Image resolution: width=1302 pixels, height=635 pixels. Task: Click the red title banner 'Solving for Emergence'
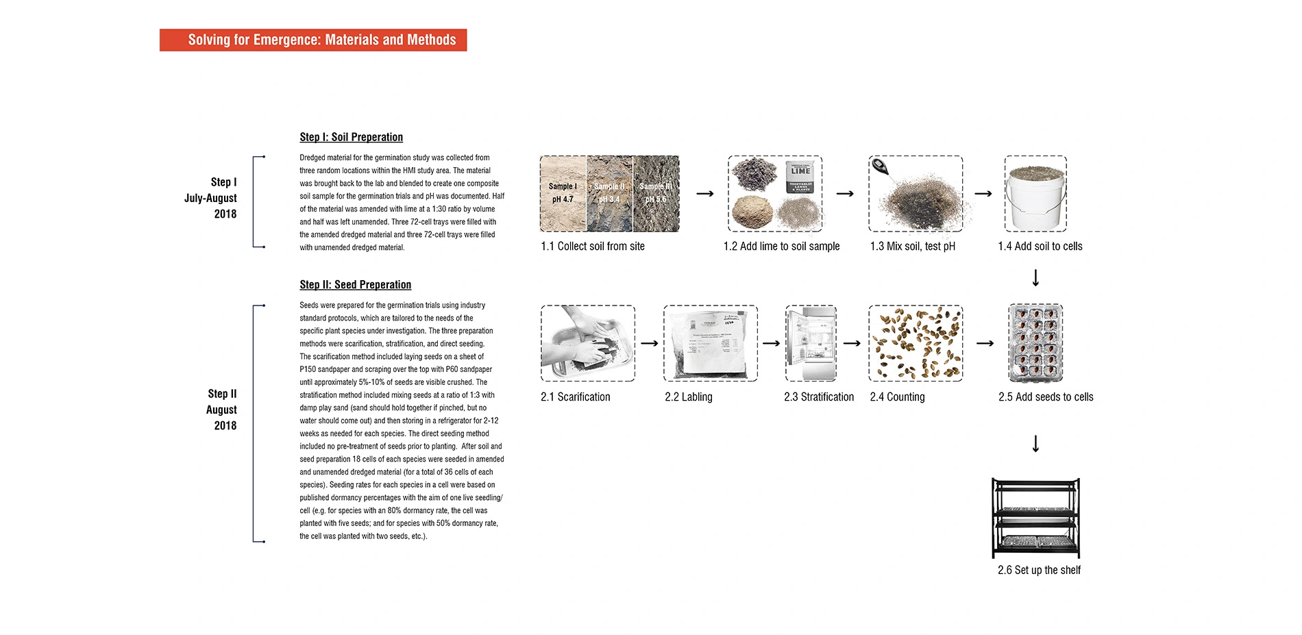click(313, 40)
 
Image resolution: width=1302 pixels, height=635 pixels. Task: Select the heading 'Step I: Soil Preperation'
click(351, 137)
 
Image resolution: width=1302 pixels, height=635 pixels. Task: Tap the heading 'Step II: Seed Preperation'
click(355, 284)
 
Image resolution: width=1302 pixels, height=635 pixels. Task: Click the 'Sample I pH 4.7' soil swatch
click(563, 193)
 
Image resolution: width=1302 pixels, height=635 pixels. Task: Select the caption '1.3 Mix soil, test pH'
click(912, 246)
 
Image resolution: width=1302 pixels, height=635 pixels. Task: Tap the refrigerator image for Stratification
click(811, 343)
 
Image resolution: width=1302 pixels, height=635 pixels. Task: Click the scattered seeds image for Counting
click(916, 343)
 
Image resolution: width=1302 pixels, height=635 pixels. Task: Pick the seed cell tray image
click(1035, 343)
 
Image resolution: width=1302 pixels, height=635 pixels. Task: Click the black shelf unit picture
click(1035, 518)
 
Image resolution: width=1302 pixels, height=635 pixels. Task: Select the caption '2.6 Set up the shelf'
click(1039, 570)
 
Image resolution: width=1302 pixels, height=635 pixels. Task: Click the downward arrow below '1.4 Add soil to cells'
click(1035, 277)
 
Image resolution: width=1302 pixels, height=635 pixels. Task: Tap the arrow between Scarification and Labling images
click(649, 343)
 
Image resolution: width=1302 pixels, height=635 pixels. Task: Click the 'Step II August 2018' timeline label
click(222, 410)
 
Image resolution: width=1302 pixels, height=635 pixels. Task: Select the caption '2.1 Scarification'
click(575, 397)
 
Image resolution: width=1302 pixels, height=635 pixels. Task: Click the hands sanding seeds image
click(587, 343)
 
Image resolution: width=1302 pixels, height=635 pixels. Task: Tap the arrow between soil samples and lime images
click(704, 194)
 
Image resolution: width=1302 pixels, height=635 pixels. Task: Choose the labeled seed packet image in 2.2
click(710, 343)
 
